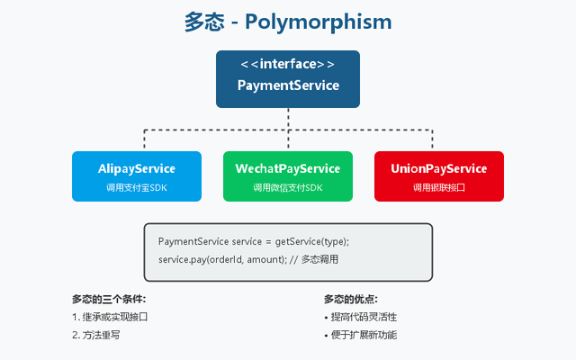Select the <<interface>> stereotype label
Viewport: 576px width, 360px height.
click(x=288, y=65)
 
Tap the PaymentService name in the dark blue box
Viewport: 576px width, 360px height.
click(x=288, y=86)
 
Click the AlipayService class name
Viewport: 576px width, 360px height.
click(x=137, y=168)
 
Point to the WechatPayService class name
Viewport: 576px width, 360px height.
click(x=288, y=168)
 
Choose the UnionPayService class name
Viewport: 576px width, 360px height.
click(x=439, y=168)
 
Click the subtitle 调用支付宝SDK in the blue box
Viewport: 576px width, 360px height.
click(x=137, y=187)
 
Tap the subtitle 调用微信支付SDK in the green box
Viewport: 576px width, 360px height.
click(x=288, y=187)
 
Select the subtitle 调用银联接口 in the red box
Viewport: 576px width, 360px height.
click(x=439, y=187)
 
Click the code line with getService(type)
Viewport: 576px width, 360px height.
click(x=253, y=242)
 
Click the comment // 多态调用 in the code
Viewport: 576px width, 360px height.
click(x=316, y=259)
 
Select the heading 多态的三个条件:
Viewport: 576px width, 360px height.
click(x=109, y=299)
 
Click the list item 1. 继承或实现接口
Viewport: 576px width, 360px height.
click(x=109, y=317)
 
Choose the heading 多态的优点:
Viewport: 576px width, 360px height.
click(x=351, y=299)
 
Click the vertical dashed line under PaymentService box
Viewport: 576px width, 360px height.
click(x=288, y=118)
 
